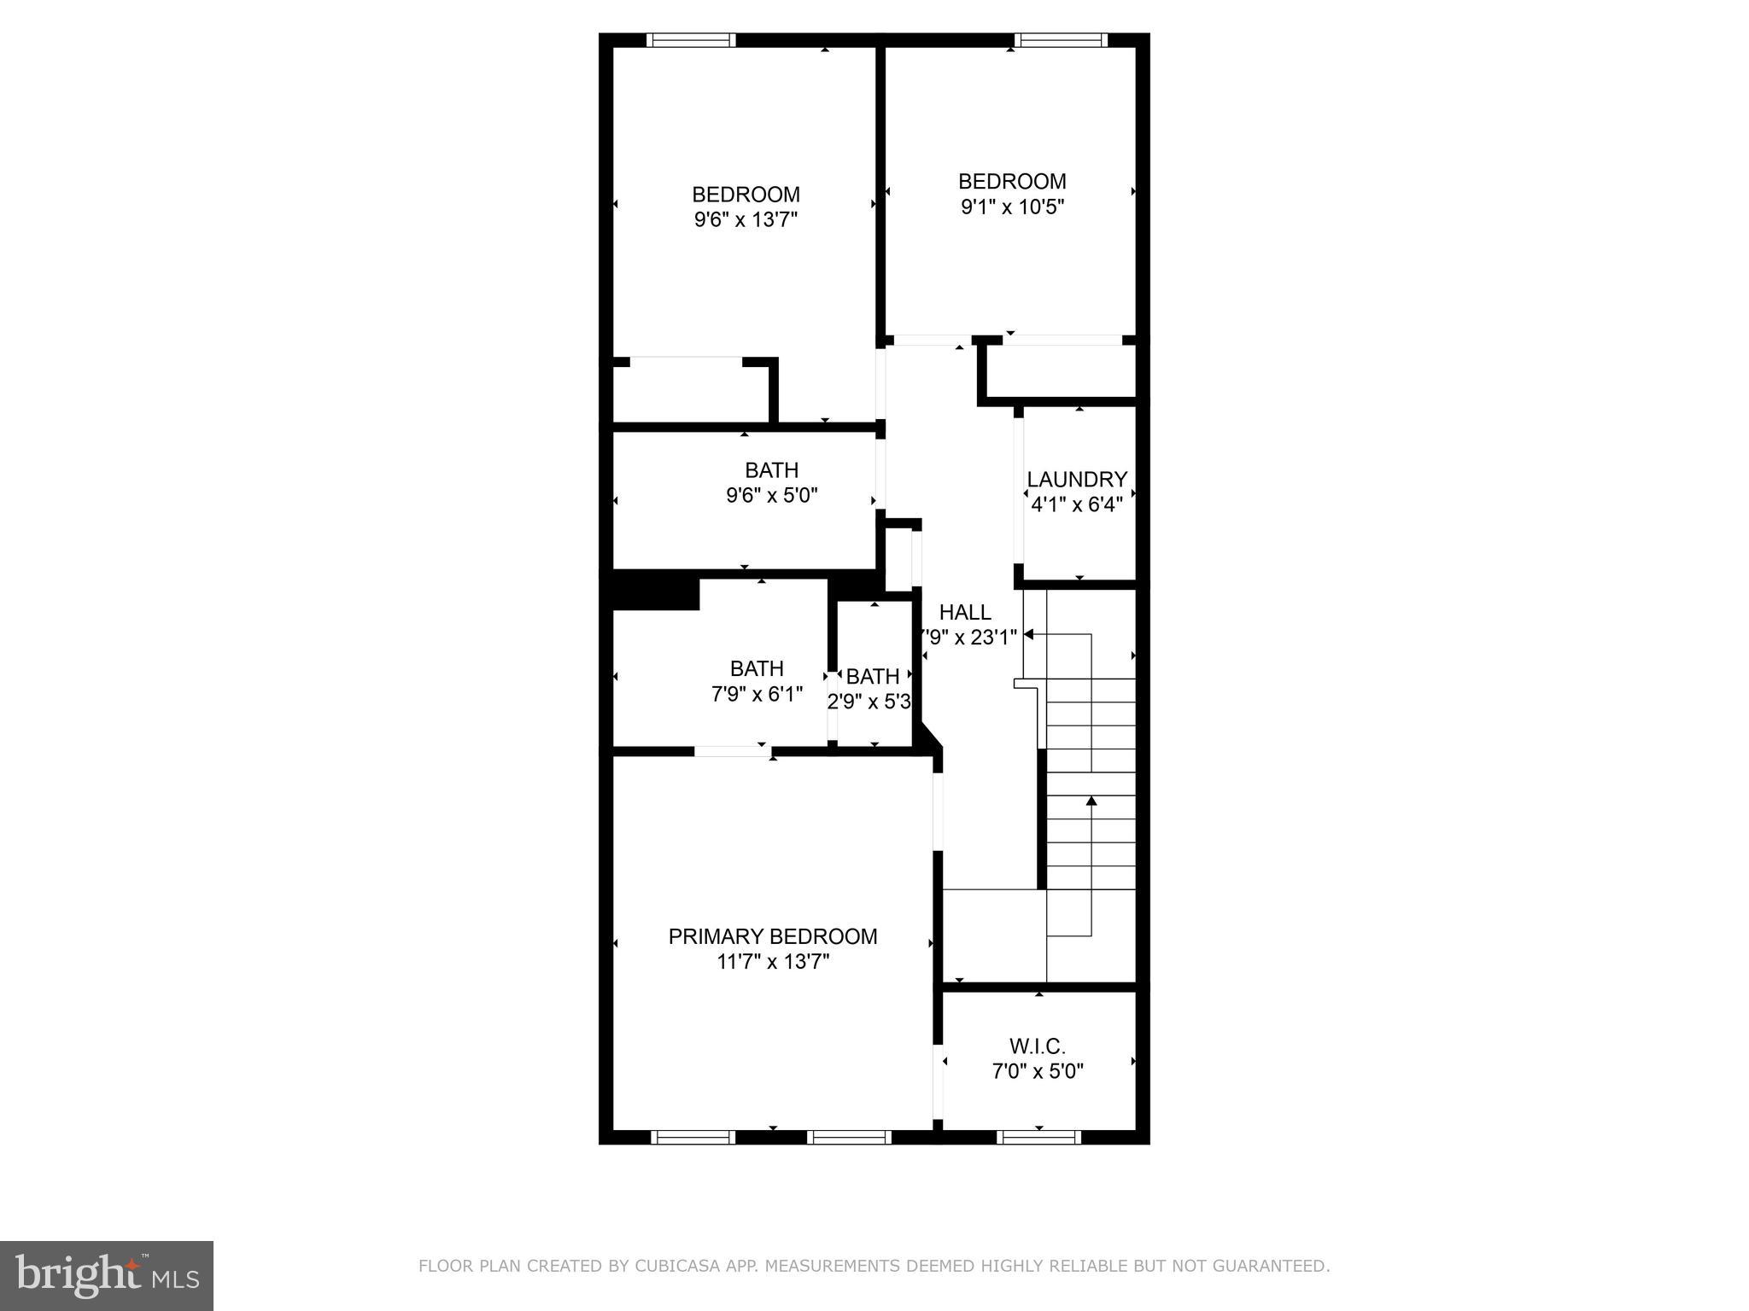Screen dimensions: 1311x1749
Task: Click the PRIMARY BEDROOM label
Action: [x=772, y=936]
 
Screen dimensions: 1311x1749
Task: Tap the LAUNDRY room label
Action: [x=1077, y=480]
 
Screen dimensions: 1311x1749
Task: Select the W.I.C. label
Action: [x=1038, y=1046]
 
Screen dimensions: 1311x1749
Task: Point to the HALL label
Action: [x=965, y=612]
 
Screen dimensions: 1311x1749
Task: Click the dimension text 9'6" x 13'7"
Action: [x=746, y=220]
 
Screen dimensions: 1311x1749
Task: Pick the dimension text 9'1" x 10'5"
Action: [x=1012, y=207]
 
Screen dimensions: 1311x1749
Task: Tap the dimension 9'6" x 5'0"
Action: [x=772, y=496]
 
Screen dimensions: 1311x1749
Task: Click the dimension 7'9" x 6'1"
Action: [x=757, y=695]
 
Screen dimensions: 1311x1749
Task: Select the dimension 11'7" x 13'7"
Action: [x=773, y=962]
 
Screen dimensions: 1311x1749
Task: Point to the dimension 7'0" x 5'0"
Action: [x=1038, y=1071]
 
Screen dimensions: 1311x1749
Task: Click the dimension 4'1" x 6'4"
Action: [x=1077, y=504]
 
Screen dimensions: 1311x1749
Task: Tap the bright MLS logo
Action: [x=107, y=1276]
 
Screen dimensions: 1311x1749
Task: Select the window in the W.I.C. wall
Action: [x=1038, y=1137]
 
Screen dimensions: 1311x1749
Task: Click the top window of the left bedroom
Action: [x=691, y=40]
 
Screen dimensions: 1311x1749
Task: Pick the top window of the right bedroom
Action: [x=1060, y=40]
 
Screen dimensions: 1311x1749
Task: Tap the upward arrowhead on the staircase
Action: [x=1091, y=801]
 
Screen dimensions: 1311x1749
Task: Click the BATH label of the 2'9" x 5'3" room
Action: [x=872, y=677]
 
